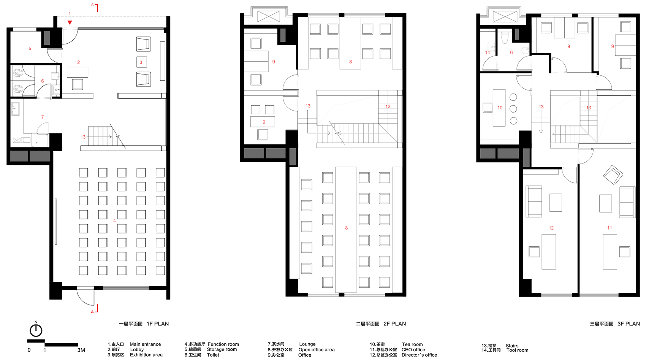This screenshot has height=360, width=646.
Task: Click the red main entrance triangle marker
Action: coord(70,22)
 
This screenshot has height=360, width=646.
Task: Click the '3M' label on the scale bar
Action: coord(81,350)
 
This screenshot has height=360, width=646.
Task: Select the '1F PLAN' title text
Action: coord(157,324)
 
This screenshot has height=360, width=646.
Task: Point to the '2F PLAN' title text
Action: coord(394,324)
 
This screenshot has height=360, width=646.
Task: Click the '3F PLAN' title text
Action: coord(629,324)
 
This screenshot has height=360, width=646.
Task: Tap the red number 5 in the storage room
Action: coord(30,48)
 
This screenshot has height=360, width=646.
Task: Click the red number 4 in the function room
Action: coord(114,220)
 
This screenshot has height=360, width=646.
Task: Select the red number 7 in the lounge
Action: coord(43,117)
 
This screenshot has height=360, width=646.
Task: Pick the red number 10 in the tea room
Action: coord(500,108)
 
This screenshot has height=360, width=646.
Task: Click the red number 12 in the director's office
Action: coord(551,228)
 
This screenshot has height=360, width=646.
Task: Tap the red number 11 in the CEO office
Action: coord(610,228)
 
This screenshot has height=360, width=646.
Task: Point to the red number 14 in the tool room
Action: coord(488,52)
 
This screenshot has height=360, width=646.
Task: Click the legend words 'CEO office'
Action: coord(413,350)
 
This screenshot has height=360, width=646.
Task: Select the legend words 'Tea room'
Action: coord(412,344)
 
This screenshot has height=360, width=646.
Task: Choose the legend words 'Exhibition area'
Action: coord(146,355)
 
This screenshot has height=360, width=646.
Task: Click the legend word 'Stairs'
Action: coord(512,346)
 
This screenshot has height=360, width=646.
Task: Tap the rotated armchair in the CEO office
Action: coord(613,175)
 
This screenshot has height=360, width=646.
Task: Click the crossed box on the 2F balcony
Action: coord(269,16)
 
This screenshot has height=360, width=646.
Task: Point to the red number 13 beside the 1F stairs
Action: coord(83,137)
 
